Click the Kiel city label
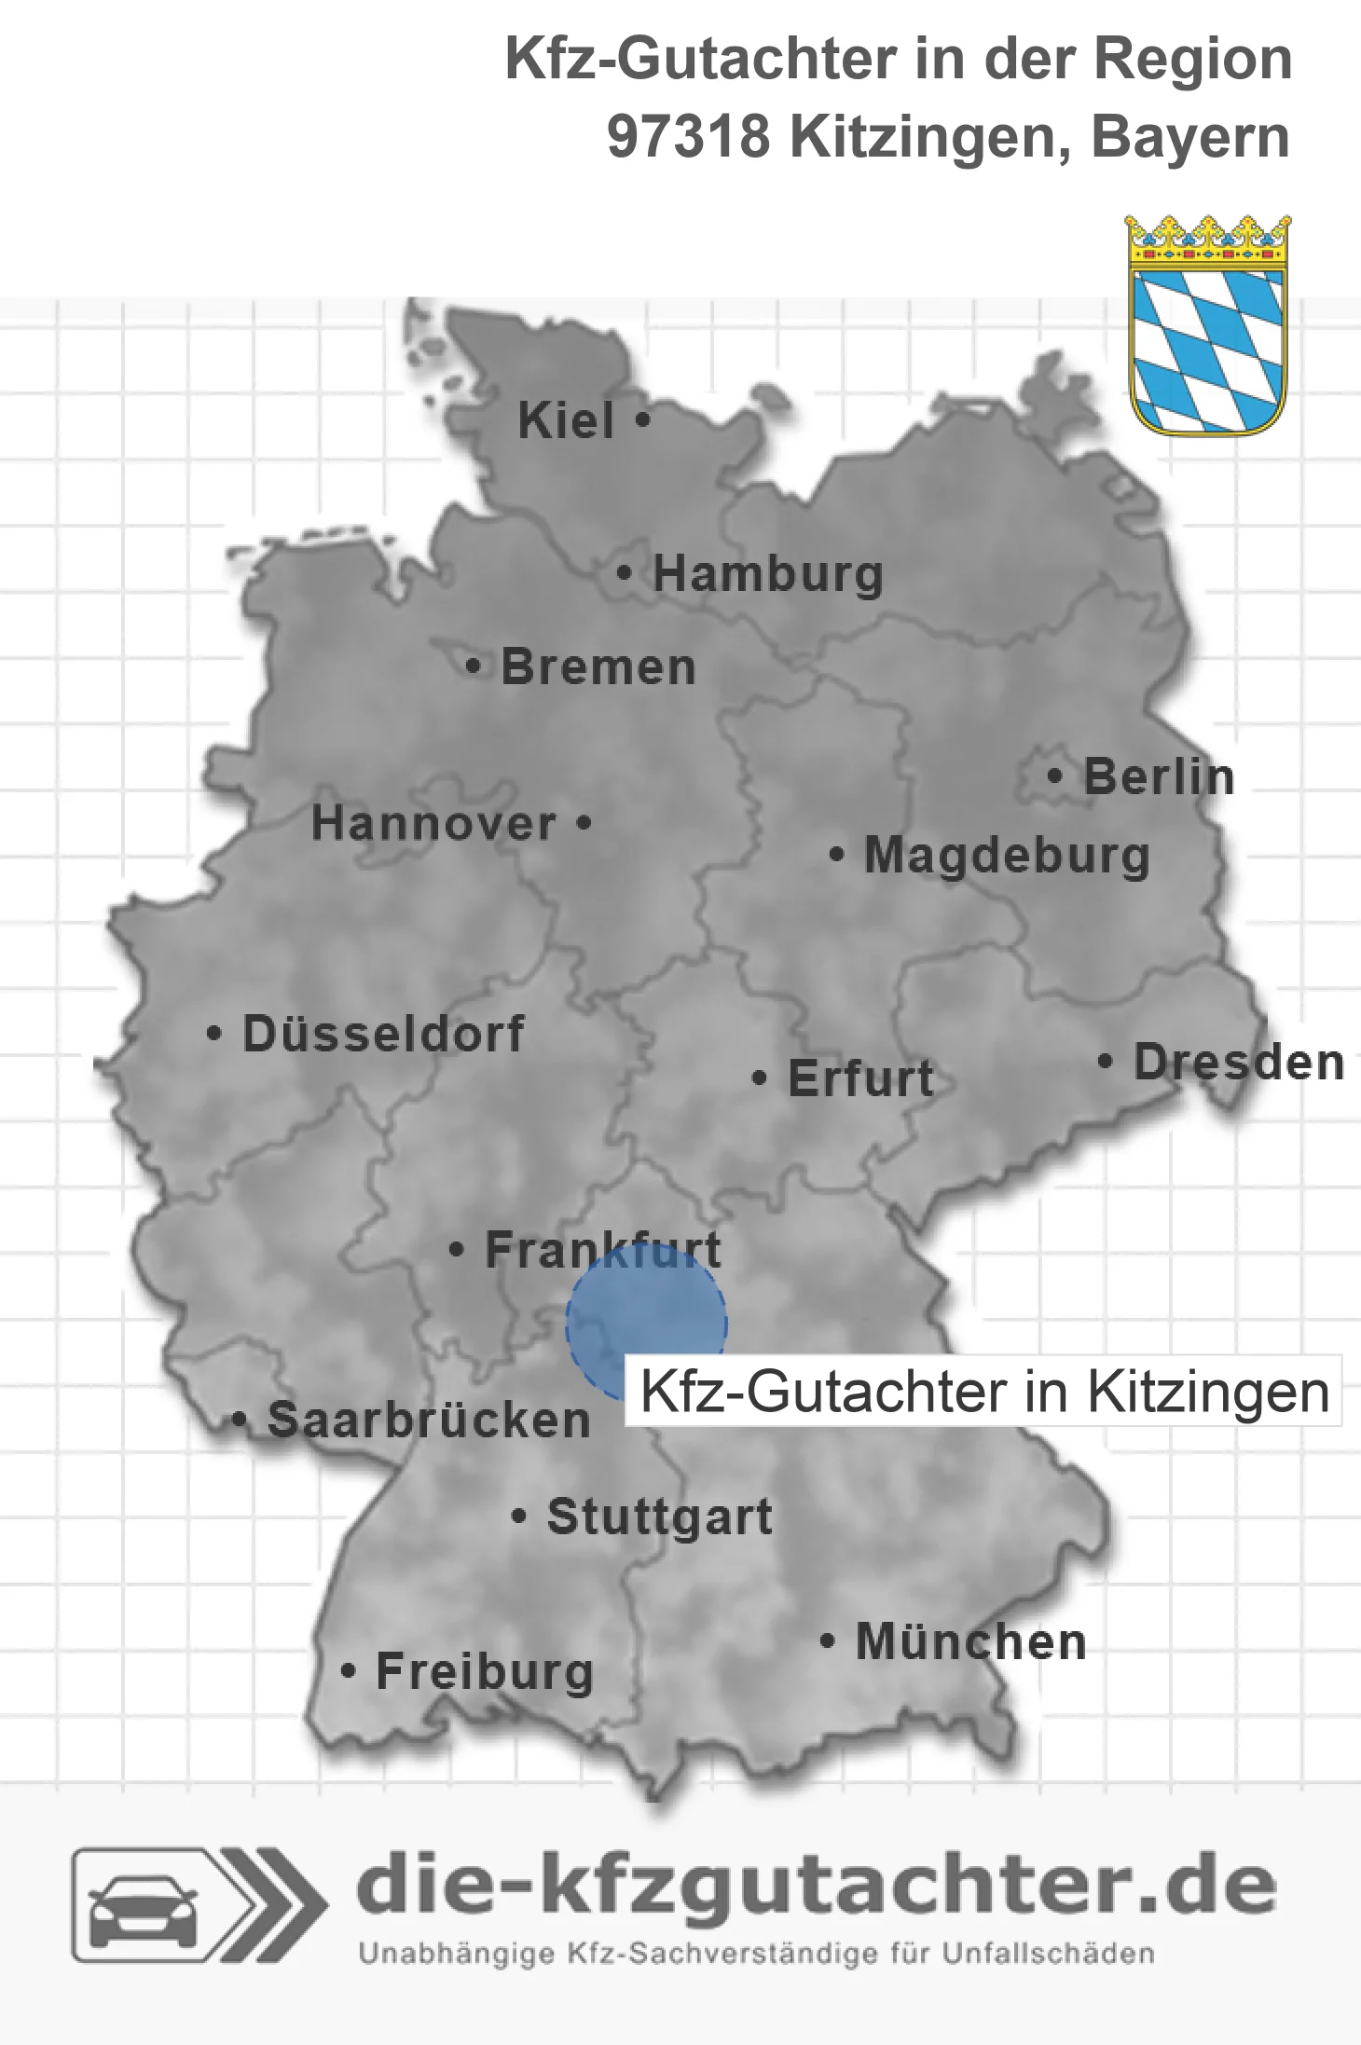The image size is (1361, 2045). (x=566, y=421)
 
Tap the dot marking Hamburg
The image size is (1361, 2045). (x=625, y=573)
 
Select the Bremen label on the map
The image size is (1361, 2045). (x=598, y=667)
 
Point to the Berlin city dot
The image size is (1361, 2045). (x=1055, y=775)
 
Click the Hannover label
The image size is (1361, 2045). (x=433, y=824)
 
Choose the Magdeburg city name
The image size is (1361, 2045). (x=1007, y=856)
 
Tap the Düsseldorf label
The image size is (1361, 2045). (x=383, y=1034)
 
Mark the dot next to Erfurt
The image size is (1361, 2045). (x=760, y=1078)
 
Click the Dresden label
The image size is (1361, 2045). (x=1239, y=1063)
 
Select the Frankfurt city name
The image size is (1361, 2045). (x=602, y=1250)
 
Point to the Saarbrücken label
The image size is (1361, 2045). (x=429, y=1421)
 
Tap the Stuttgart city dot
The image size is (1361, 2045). (x=519, y=1517)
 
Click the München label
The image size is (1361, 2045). (x=971, y=1641)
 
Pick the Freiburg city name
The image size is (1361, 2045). (x=484, y=1672)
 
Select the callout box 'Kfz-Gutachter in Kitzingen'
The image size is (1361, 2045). (x=983, y=1392)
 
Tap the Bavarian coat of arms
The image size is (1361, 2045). (x=1208, y=325)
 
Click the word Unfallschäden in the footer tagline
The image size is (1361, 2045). (x=1048, y=1954)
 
